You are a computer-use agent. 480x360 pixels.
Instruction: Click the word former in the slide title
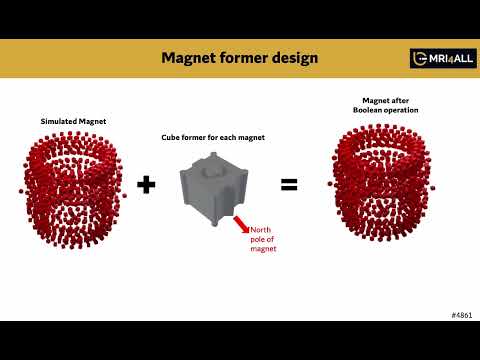tap(245, 58)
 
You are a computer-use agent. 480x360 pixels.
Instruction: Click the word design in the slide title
tap(296, 58)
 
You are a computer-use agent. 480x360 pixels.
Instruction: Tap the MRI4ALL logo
tap(442, 58)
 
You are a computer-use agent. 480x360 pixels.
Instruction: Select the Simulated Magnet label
tap(73, 121)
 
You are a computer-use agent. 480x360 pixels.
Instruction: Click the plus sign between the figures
tap(146, 184)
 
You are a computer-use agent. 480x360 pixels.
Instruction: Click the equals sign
tap(289, 184)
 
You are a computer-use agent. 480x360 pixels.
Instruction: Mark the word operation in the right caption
tap(404, 109)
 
